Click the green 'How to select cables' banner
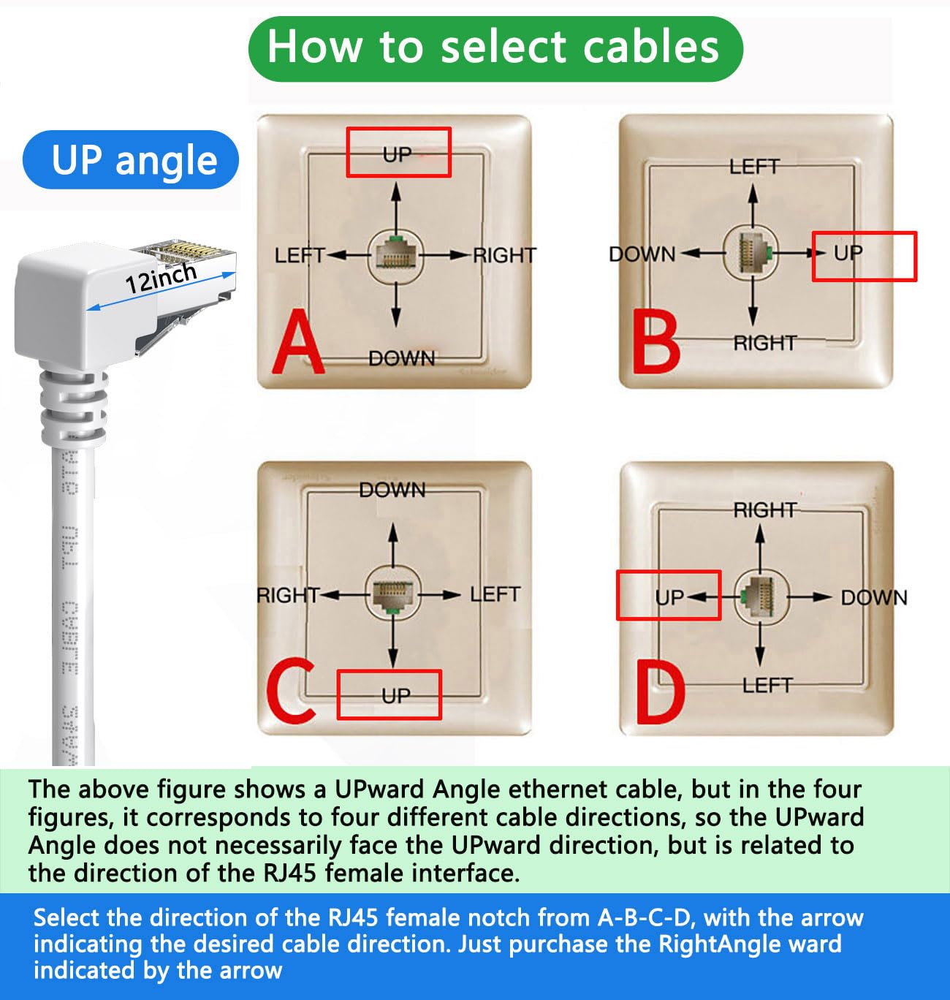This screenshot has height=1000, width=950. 495,48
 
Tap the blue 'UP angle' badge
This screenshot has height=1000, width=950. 132,160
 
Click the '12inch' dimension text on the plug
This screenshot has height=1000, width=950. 161,279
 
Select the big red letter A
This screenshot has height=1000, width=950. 297,341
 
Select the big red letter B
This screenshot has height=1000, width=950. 655,341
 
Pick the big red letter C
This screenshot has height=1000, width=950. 290,691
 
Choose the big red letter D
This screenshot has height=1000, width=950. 660,692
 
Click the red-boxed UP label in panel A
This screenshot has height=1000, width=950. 398,154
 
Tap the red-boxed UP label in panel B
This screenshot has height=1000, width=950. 849,254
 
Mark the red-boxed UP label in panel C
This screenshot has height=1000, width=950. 396,695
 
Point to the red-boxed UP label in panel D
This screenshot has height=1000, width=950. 669,597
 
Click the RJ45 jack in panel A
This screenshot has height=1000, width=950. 395,255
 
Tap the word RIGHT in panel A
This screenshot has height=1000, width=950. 504,256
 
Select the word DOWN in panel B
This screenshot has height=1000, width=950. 642,254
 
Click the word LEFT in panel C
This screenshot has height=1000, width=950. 495,594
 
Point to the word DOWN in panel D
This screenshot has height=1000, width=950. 873,598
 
